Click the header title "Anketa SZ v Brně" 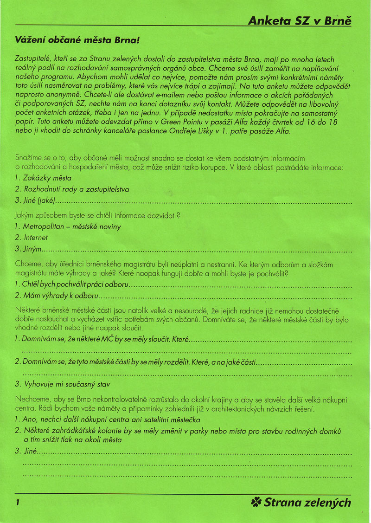(300, 20)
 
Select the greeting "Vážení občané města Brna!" (77, 40)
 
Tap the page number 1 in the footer (17, 503)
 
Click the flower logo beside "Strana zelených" (256, 502)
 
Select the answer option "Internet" (36, 238)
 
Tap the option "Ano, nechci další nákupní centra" (83, 420)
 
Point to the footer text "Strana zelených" (307, 502)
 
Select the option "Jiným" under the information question (32, 250)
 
